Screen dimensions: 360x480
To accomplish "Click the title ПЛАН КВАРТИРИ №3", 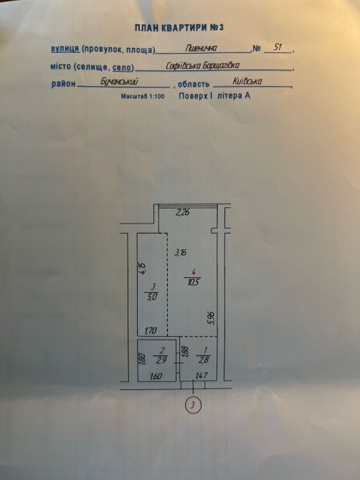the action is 179,28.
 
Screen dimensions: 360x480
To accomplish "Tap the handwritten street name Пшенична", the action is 202,48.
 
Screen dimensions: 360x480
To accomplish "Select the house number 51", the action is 278,47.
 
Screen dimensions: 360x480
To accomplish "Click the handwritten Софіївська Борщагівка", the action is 203,65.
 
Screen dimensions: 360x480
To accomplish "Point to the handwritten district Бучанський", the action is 119,82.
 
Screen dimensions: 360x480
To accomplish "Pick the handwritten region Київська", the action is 247,81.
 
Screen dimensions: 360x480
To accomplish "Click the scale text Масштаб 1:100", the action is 143,97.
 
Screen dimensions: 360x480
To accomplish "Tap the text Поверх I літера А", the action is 214,96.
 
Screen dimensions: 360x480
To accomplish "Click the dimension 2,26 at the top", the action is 183,212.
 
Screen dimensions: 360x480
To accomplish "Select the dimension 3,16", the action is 181,253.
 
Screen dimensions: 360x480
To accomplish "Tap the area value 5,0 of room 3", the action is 151,297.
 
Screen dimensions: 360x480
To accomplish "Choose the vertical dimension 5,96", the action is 213,318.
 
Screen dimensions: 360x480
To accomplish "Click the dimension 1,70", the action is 151,330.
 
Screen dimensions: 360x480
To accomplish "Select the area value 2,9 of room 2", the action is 161,360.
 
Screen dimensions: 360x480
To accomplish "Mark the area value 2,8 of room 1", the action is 203,360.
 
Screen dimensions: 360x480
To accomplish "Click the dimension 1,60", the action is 156,376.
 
